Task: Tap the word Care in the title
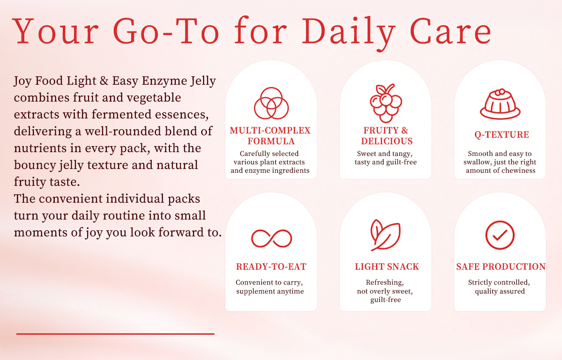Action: tap(451, 31)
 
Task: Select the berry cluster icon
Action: tap(386, 103)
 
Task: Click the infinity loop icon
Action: tap(272, 238)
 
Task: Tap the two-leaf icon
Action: tap(385, 235)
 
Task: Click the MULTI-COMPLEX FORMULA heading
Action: tap(271, 136)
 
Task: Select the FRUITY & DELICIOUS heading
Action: tap(386, 136)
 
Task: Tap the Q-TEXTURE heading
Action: tap(502, 135)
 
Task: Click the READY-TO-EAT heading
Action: tap(271, 266)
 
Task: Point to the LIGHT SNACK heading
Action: tap(387, 266)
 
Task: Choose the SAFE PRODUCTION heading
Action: tap(501, 266)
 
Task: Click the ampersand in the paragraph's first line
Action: tap(104, 81)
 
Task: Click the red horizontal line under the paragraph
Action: tap(115, 334)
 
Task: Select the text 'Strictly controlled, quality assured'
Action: tap(499, 287)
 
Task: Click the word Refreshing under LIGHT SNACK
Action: tap(385, 283)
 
